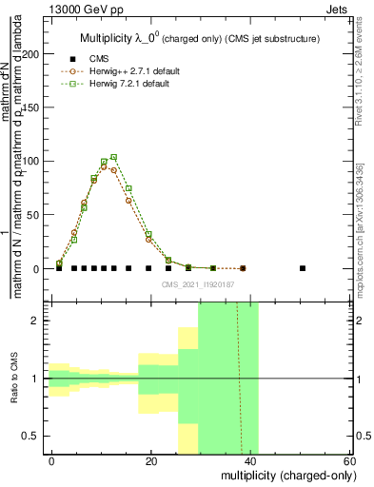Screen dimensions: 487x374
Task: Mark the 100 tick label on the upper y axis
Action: pyautogui.click(x=33, y=162)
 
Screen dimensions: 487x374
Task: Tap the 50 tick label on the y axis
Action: pyautogui.click(x=36, y=215)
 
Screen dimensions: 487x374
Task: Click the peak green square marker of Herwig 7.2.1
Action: pyautogui.click(x=114, y=157)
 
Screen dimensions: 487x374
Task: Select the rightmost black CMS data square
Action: pyautogui.click(x=303, y=268)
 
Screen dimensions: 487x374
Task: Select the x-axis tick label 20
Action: pyautogui.click(x=151, y=460)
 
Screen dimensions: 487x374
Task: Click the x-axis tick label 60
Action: pyautogui.click(x=349, y=460)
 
